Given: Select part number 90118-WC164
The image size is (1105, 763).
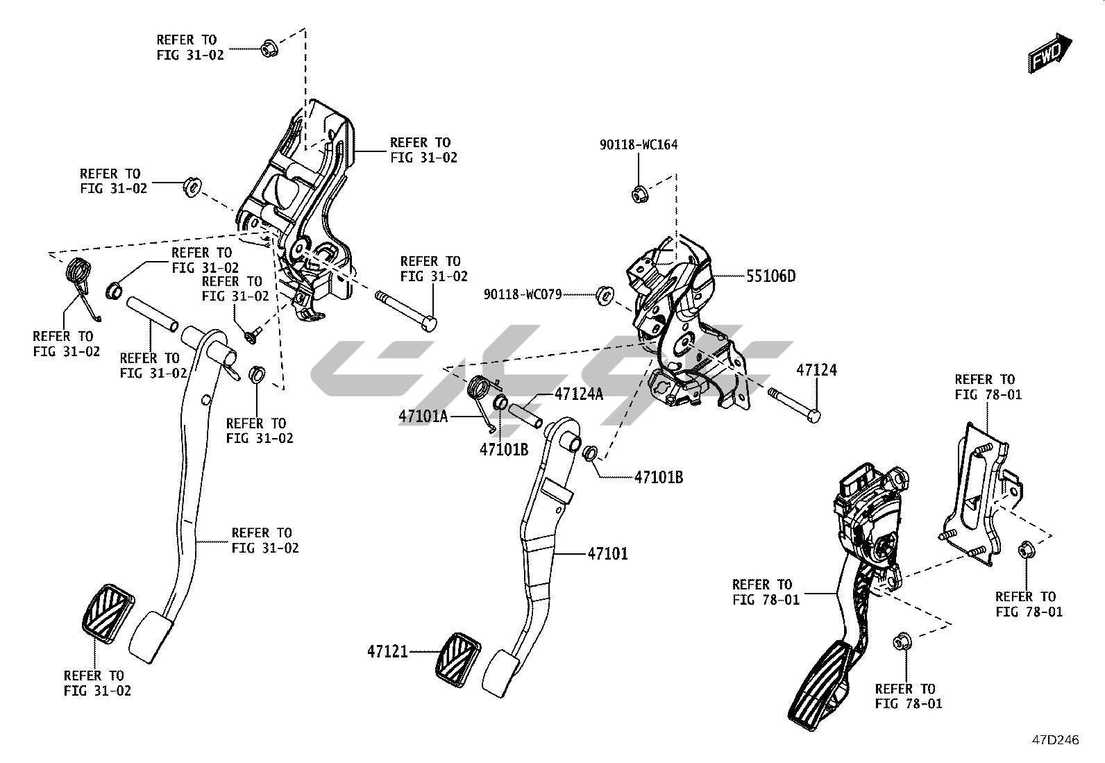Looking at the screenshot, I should (639, 145).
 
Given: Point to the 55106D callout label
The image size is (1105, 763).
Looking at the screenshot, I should (771, 276).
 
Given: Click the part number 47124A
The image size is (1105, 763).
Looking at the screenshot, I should (578, 394).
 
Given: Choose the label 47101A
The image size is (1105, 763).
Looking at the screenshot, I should (423, 417).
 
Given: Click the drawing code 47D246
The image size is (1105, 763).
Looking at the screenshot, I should (1055, 740).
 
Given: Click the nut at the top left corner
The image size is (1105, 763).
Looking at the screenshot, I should (269, 49).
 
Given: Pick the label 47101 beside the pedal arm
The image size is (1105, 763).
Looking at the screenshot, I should (607, 553).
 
